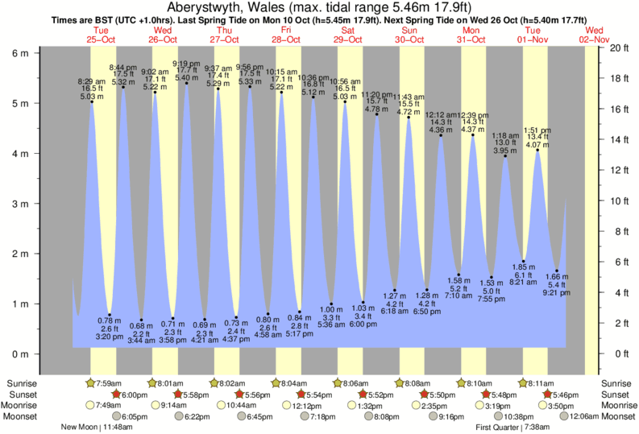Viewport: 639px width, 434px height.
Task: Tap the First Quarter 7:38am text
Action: click(x=513, y=427)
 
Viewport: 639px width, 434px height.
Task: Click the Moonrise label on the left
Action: click(x=25, y=405)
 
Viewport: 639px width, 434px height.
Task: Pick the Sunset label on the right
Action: click(x=616, y=395)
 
